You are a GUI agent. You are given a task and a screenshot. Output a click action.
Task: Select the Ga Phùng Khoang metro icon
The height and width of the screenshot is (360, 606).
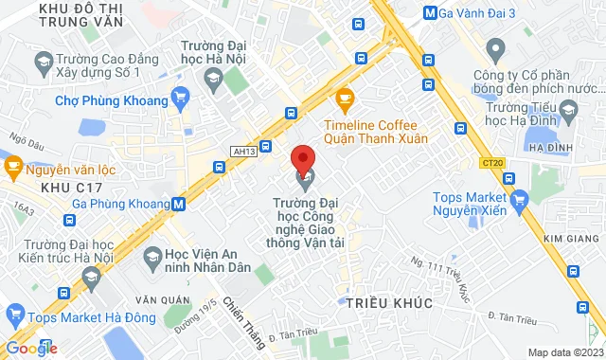(179, 203)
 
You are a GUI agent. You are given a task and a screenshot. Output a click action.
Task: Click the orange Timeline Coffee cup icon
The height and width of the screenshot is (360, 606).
(345, 97)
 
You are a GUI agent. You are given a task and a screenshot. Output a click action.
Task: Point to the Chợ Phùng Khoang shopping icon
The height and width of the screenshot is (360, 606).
(180, 97)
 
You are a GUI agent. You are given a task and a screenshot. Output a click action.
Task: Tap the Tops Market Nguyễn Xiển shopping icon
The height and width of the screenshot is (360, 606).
(517, 200)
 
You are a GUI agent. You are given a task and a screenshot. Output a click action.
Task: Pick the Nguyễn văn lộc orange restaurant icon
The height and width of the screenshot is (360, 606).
(13, 168)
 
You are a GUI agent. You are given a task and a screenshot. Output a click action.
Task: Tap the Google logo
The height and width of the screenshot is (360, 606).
(31, 348)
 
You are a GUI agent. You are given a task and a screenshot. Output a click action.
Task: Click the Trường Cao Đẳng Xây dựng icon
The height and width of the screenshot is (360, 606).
(43, 64)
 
